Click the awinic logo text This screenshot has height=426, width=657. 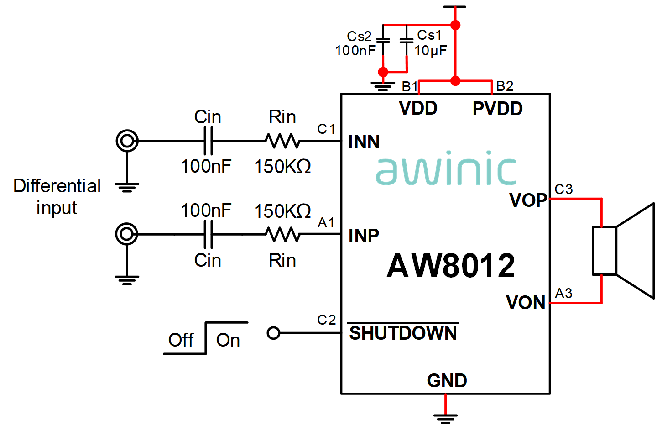coord(446,168)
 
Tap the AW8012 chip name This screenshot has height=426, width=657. coord(451,265)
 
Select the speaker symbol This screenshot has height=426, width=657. coord(623,251)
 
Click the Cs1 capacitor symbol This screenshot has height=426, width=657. coord(407,41)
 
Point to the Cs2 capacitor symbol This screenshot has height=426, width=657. coord(383,41)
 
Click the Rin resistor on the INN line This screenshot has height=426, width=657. coord(283,141)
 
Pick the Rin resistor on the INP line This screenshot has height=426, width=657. coord(283,234)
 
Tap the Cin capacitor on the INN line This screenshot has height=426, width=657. coord(208,141)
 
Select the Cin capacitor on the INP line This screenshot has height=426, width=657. coord(208,234)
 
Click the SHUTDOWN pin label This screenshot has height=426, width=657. coord(403,333)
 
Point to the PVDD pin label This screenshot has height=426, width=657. coord(497,109)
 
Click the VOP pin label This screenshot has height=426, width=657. coord(528,200)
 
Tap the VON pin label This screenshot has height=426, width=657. coord(526,302)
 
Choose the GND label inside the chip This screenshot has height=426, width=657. coord(447,380)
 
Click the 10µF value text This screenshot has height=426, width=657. coord(431,51)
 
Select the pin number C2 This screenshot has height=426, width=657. coord(327,320)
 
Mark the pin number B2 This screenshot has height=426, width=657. coord(505,86)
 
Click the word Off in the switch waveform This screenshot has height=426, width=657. coord(181,340)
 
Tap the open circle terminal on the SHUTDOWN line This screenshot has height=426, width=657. coord(273,333)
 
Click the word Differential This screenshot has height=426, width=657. coord(57,186)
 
